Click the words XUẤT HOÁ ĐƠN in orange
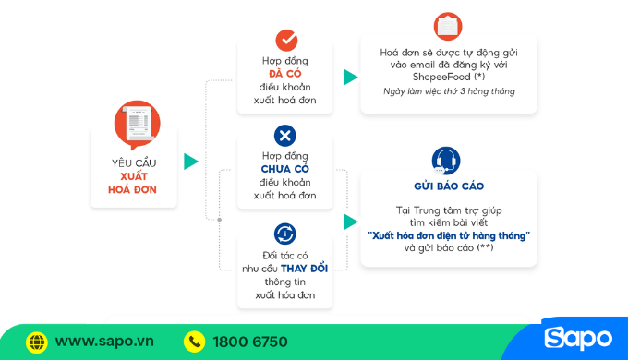tap(133, 183)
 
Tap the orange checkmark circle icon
tap(285, 41)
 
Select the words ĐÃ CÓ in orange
tap(285, 73)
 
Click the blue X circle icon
tap(285, 137)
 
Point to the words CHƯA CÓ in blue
tap(285, 169)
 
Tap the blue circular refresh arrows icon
tap(285, 234)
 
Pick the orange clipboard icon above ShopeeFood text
tap(448, 25)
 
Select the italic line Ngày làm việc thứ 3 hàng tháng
tap(449, 91)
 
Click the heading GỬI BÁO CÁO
tap(449, 186)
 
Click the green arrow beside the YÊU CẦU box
tap(190, 162)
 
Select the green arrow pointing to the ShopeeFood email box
tap(350, 78)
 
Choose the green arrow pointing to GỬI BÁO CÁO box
tap(350, 222)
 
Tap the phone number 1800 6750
tap(249, 342)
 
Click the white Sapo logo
tap(578, 339)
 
